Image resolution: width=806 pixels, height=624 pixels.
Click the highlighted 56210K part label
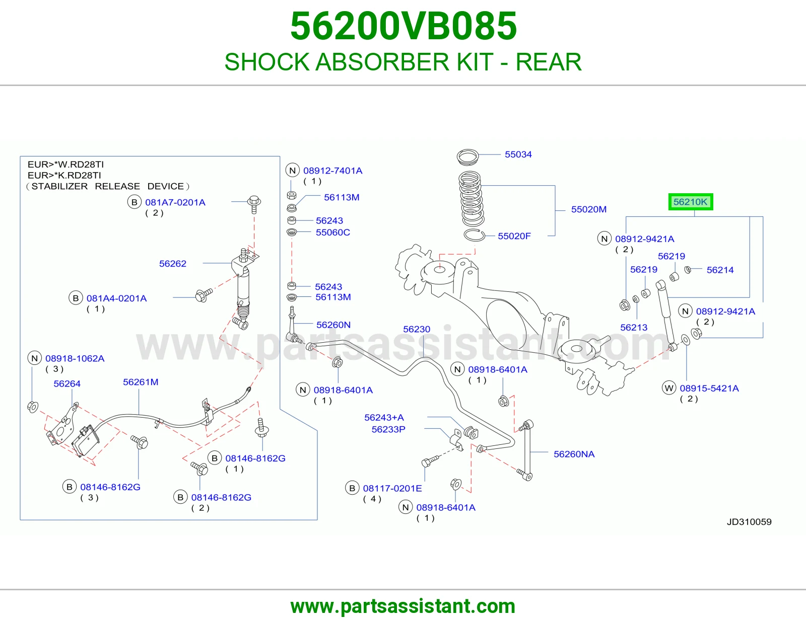[690, 202]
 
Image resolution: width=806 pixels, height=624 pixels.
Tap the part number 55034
[518, 154]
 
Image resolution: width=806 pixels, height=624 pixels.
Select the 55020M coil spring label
[589, 209]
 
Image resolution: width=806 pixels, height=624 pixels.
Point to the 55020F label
[514, 236]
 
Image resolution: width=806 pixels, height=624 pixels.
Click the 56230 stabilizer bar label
[417, 329]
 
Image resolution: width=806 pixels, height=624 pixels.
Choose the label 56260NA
[574, 454]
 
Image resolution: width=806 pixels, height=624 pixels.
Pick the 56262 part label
[172, 264]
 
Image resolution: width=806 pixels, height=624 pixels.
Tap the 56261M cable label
[141, 381]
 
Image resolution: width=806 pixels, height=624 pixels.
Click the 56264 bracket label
[67, 383]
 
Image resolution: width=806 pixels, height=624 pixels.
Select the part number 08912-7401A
[332, 171]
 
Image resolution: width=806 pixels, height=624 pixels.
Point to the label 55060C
[332, 232]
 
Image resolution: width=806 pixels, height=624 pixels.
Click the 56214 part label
[720, 270]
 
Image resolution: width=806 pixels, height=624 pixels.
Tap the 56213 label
[634, 327]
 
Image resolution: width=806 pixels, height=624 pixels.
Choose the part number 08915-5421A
[709, 388]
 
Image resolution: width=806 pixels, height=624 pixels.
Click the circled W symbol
[669, 388]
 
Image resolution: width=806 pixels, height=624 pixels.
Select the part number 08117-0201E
[392, 488]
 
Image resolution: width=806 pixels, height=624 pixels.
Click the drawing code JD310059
[749, 522]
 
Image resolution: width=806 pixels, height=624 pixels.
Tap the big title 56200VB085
[403, 26]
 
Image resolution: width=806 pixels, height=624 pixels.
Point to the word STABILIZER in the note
[59, 186]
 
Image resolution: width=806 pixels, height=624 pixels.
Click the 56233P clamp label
[388, 429]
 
